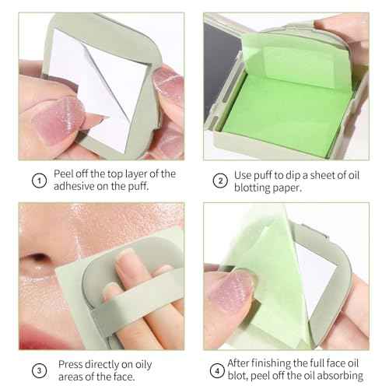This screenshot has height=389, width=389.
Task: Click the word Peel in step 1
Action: (x=65, y=173)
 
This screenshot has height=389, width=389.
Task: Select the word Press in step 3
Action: (x=72, y=363)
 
